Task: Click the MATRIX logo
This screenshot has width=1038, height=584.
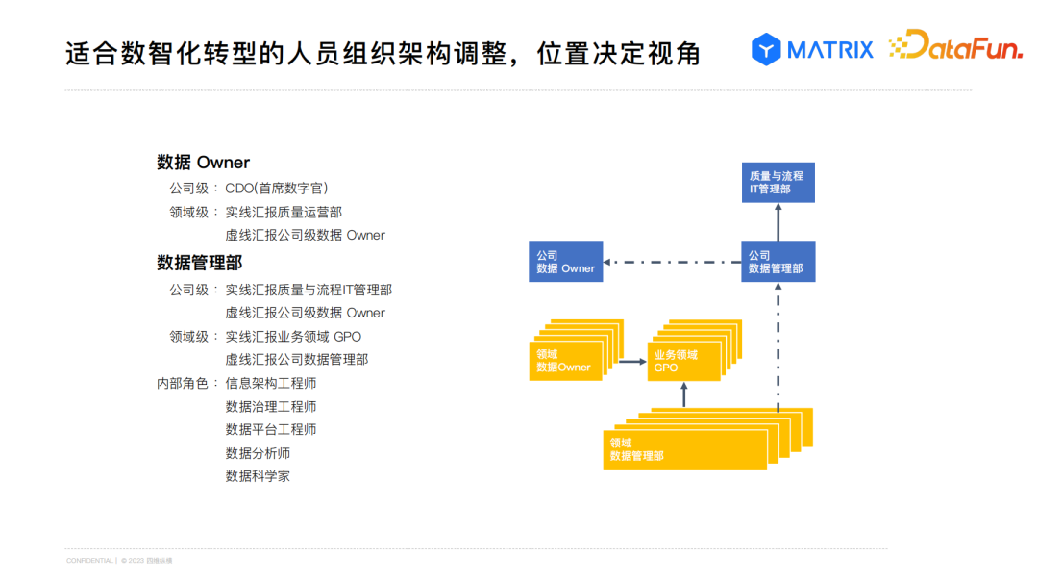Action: pos(812,48)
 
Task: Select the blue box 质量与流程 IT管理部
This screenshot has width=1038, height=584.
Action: pos(778,182)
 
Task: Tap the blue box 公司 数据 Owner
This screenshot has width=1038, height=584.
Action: pos(565,262)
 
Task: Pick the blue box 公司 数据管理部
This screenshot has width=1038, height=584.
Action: pos(778,262)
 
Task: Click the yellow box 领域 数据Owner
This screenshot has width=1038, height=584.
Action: pos(565,360)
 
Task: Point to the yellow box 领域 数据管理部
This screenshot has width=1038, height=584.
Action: pos(684,448)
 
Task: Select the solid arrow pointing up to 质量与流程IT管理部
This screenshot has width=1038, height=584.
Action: pos(778,222)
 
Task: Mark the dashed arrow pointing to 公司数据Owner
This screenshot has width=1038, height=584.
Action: pos(673,262)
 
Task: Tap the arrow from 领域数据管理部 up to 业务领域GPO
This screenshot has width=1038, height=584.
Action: pos(683,394)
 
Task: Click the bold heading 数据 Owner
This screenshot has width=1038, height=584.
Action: pos(203,163)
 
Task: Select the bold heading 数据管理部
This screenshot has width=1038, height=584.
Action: pos(199,263)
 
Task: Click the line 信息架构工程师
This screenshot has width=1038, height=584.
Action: pos(271,383)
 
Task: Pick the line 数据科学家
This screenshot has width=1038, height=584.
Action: pos(258,476)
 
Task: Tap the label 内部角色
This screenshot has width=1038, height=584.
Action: pos(183,383)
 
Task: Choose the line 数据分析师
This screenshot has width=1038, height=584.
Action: pos(258,453)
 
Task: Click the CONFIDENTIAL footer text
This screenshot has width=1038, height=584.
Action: pos(89,560)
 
